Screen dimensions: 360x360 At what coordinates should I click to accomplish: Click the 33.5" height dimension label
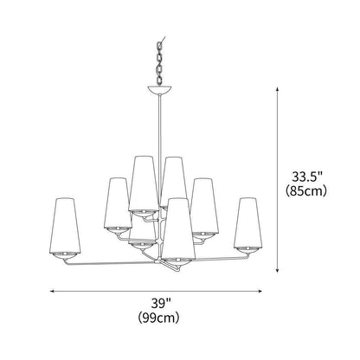[306, 177]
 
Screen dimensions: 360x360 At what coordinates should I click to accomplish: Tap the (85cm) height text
[306, 190]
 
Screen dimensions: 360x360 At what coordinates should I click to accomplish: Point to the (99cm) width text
[158, 318]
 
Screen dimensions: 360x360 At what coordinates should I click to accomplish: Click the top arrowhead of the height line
[277, 89]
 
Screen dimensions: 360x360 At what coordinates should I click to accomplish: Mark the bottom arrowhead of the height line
[277, 270]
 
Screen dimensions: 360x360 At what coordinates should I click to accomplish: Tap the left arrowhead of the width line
[52, 292]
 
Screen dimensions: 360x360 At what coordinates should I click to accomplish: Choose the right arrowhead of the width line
[260, 292]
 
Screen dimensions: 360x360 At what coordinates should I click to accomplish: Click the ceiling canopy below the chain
[159, 90]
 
